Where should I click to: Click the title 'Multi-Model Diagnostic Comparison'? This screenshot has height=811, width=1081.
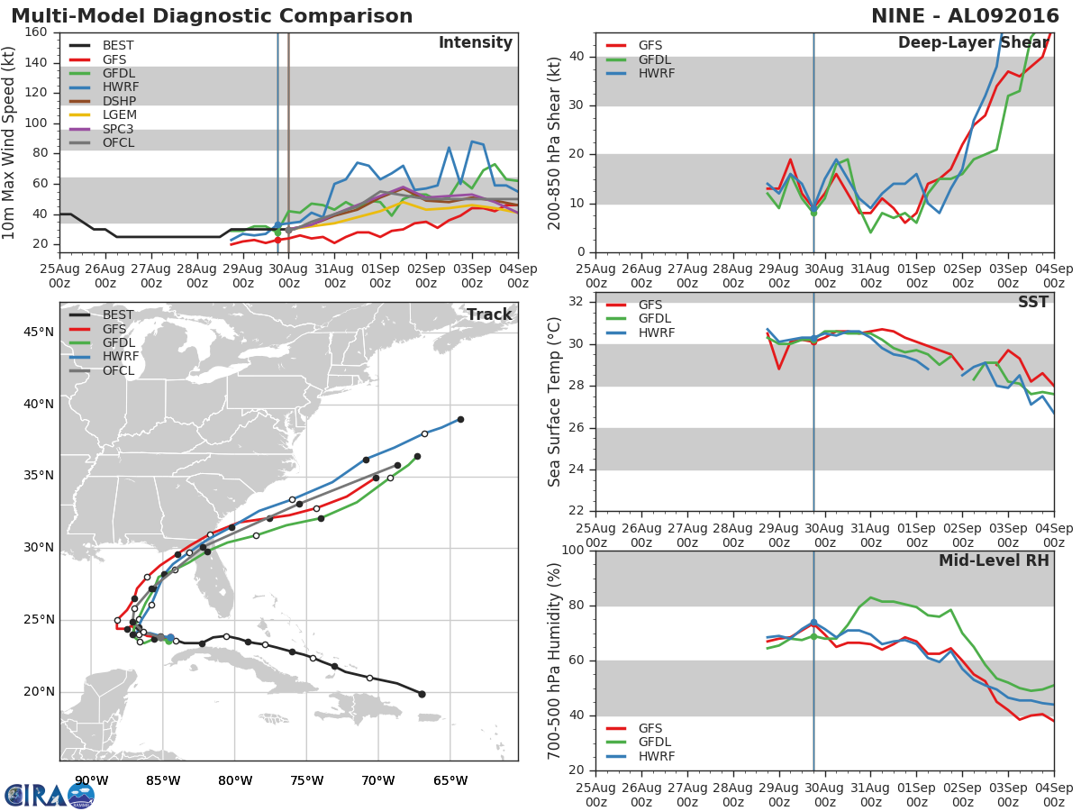point(212,16)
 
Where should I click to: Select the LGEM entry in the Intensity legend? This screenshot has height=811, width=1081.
point(119,114)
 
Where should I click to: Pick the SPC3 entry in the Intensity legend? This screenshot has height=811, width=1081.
point(119,129)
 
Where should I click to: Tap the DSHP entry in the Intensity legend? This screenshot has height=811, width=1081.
point(119,101)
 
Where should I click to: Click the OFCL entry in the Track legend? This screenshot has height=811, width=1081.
point(118,370)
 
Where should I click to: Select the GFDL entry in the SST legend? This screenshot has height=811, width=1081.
point(657,319)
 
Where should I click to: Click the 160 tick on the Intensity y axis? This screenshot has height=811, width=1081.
point(36,32)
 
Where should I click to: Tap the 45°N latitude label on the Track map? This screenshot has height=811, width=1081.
point(38,332)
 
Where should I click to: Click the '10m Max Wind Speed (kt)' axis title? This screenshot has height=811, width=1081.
point(10,142)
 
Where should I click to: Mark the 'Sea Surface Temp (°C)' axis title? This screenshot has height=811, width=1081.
point(555,402)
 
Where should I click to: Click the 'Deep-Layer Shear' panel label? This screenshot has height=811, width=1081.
point(973,43)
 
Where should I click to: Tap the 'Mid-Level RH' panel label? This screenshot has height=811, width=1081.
point(994,560)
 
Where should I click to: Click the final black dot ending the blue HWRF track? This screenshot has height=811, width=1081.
point(460,419)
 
